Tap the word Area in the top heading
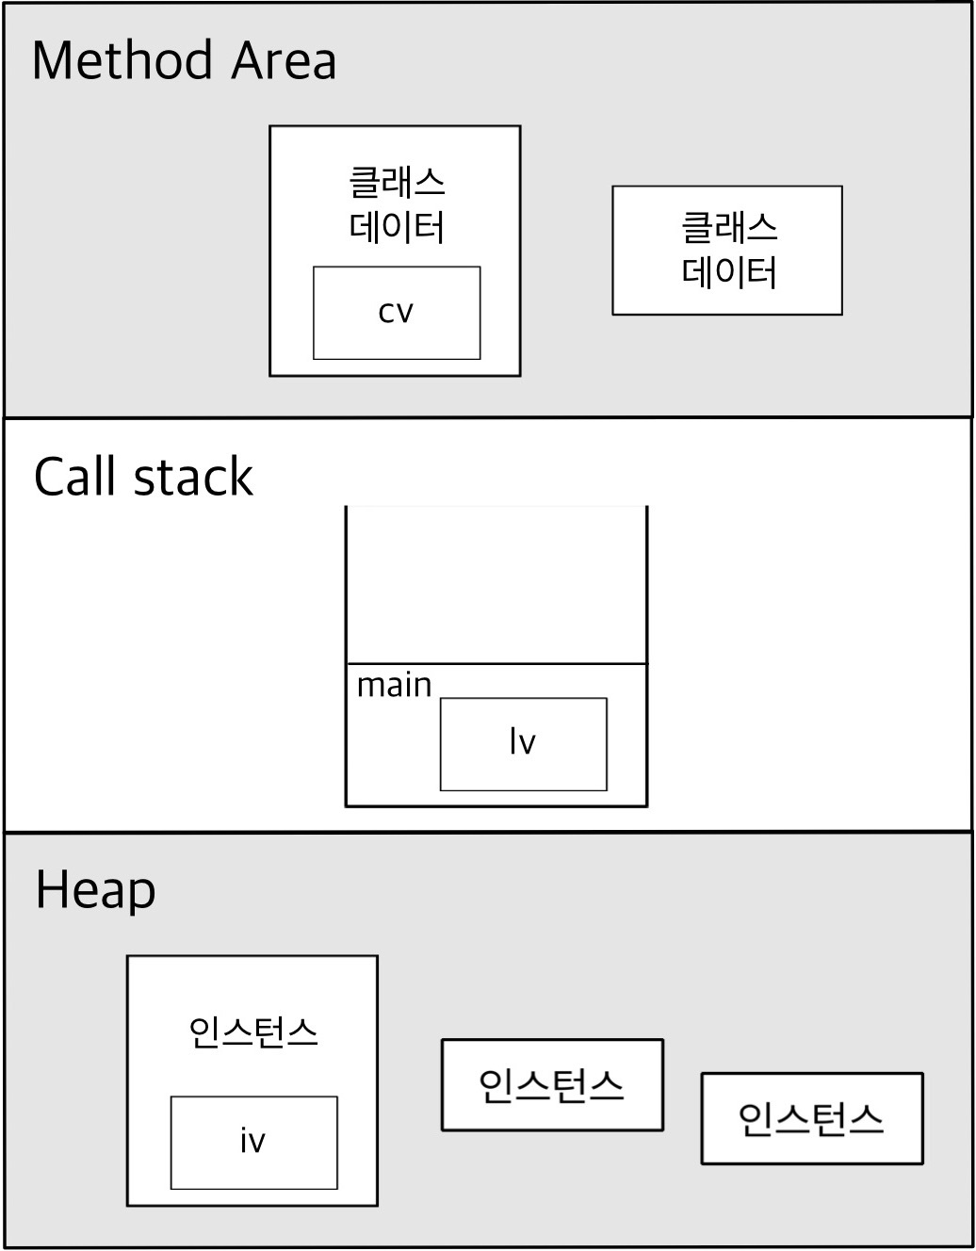(x=284, y=62)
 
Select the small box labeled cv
(x=397, y=313)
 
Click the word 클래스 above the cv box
(x=397, y=182)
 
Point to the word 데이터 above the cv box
(x=397, y=227)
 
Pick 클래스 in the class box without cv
(x=728, y=227)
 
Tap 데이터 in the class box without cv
(x=728, y=272)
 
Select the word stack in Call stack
(x=194, y=478)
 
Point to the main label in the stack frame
(x=394, y=685)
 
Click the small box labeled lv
(x=523, y=744)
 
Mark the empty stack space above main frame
(x=496, y=584)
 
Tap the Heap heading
(x=95, y=891)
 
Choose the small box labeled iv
(x=253, y=1142)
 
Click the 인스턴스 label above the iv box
(x=253, y=1032)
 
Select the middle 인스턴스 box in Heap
(x=552, y=1085)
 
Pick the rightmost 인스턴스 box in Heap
(x=811, y=1119)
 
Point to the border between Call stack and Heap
(x=488, y=832)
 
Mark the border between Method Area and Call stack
(x=488, y=417)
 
